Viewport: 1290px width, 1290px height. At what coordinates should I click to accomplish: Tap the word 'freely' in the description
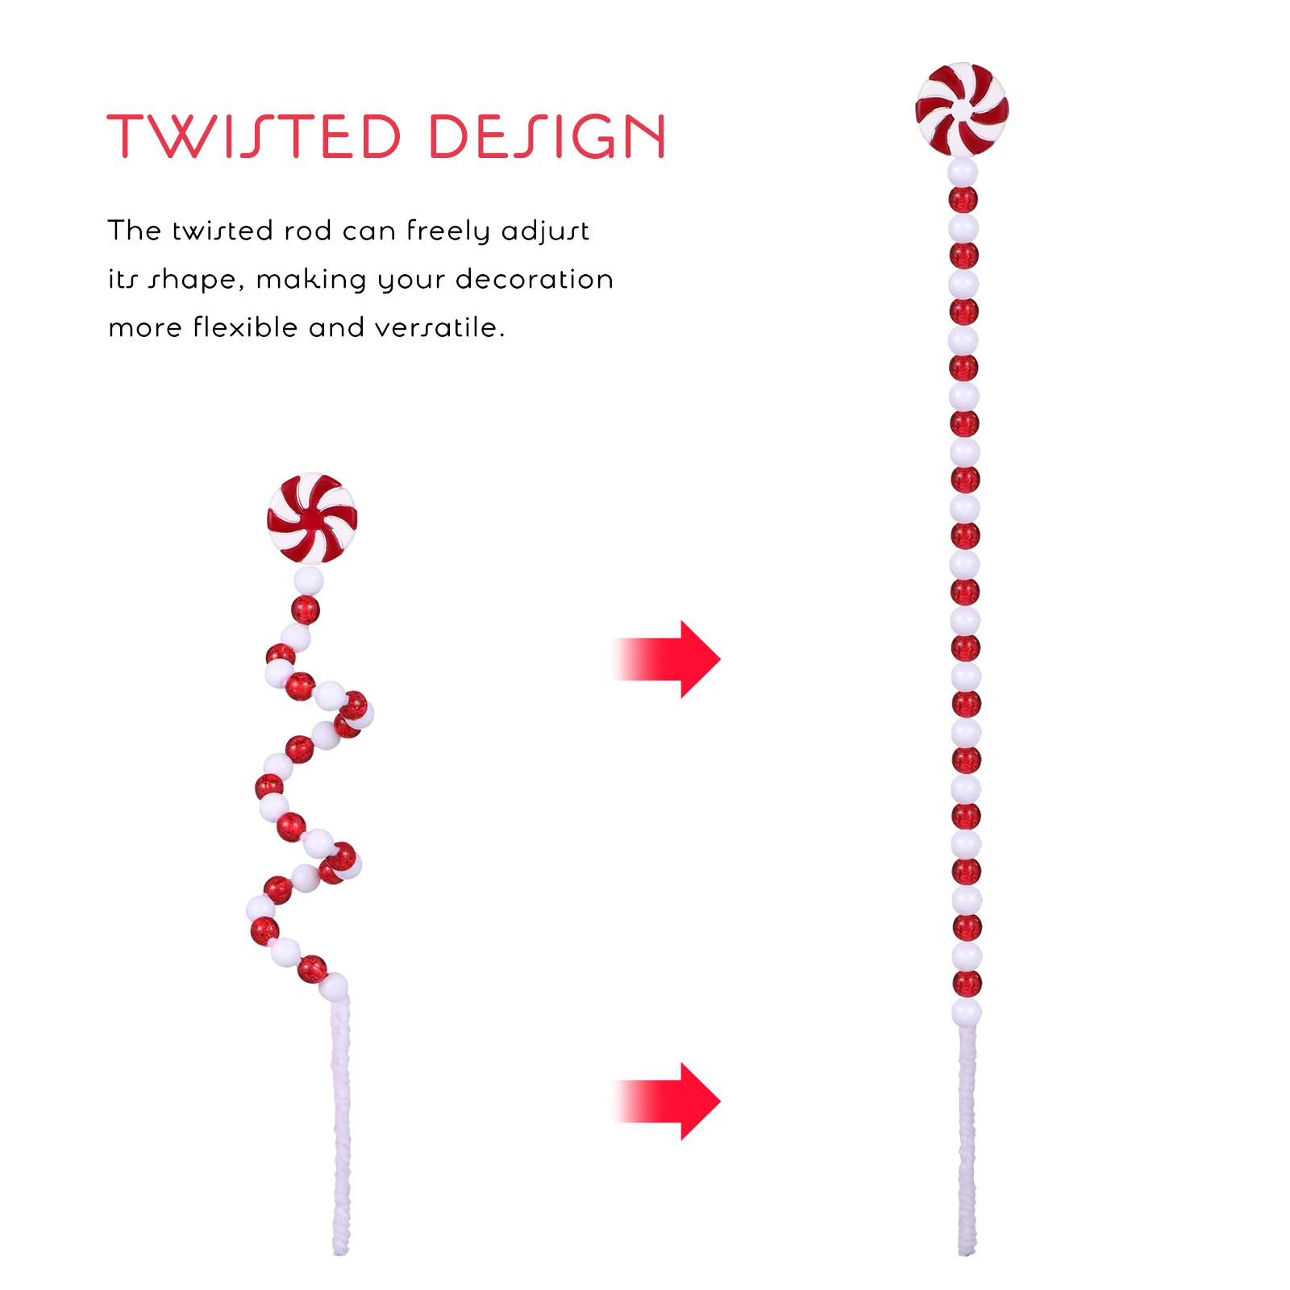[x=447, y=232]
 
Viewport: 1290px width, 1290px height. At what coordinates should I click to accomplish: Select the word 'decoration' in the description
[x=535, y=279]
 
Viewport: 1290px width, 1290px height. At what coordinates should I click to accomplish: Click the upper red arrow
[x=666, y=659]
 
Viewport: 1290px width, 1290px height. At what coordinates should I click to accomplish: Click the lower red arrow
[x=666, y=1101]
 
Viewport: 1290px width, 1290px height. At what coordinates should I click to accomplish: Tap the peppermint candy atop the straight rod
[x=962, y=109]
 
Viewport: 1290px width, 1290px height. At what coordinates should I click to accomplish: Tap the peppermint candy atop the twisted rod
[x=312, y=518]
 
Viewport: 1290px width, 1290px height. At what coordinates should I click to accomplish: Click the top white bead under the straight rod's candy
[x=963, y=172]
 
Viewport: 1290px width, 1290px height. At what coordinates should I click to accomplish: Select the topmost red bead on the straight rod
[x=963, y=200]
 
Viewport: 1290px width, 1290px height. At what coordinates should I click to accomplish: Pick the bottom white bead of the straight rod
[x=967, y=1012]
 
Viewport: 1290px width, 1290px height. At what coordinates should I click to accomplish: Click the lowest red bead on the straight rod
[x=967, y=984]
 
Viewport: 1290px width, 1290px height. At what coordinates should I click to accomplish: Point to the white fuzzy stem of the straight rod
[x=967, y=1139]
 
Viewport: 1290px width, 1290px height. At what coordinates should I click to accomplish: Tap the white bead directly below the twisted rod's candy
[x=308, y=580]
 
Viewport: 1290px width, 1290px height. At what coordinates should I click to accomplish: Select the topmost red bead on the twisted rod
[x=305, y=610]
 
